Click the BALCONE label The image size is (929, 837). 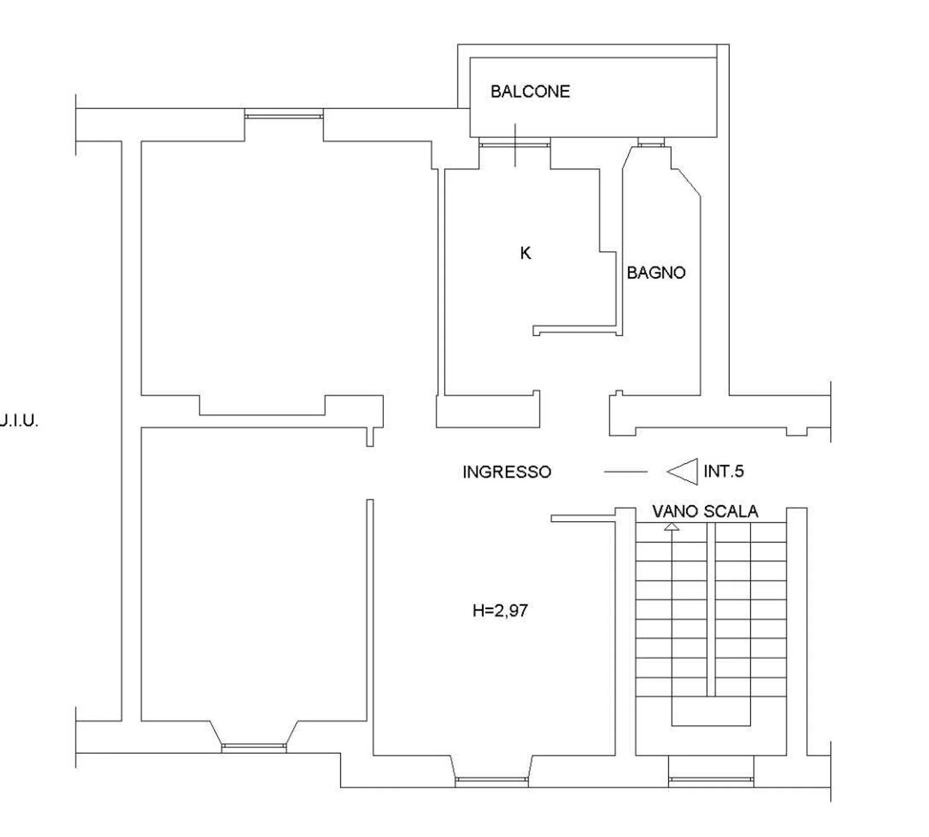click(x=530, y=92)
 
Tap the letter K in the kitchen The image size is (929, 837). click(x=526, y=253)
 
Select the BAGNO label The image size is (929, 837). click(x=656, y=273)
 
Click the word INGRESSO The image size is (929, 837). click(x=507, y=472)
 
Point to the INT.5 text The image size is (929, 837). click(x=724, y=472)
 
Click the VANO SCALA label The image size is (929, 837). click(x=705, y=512)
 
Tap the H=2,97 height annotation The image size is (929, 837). click(x=500, y=610)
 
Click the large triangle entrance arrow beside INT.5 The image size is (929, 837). click(x=682, y=472)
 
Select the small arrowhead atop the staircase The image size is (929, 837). click(x=672, y=526)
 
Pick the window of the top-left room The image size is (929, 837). click(x=284, y=116)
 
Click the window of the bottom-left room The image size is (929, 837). click(x=254, y=748)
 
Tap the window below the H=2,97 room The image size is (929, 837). click(x=492, y=781)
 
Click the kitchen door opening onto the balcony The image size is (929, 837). click(x=514, y=145)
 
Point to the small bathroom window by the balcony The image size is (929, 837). click(x=651, y=145)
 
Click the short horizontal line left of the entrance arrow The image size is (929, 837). click(x=625, y=472)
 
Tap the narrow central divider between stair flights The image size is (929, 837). click(x=711, y=609)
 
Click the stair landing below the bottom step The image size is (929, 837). click(x=711, y=711)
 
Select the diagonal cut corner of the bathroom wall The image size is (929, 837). click(x=685, y=182)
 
